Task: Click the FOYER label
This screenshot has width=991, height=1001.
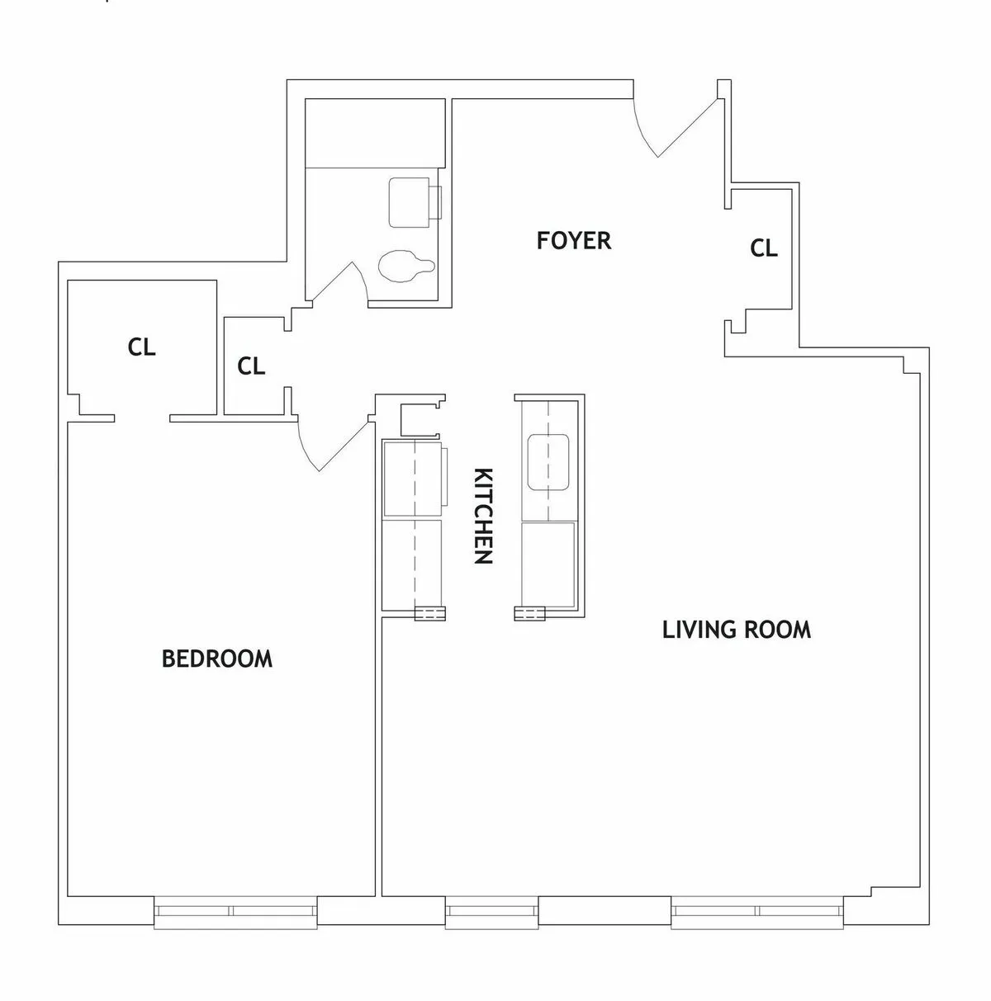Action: tap(574, 241)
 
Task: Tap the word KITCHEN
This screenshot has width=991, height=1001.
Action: tap(484, 516)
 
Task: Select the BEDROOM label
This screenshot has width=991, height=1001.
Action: tap(217, 659)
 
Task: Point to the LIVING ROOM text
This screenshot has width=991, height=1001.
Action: tap(737, 630)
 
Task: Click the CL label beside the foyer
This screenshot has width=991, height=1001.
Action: tap(764, 248)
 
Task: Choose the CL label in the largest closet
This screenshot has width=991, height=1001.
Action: tap(141, 347)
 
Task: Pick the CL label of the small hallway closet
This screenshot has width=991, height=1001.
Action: tap(251, 366)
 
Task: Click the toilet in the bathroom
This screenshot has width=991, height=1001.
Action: tap(405, 266)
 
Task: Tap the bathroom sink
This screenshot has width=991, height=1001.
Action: tap(412, 201)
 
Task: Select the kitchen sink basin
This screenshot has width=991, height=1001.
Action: tap(547, 460)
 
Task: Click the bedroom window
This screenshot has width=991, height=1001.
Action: tap(235, 911)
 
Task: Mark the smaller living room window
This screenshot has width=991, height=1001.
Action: tap(492, 911)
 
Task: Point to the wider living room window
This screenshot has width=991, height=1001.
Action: tap(757, 911)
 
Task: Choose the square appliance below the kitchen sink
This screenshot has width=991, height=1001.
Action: tap(548, 562)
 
